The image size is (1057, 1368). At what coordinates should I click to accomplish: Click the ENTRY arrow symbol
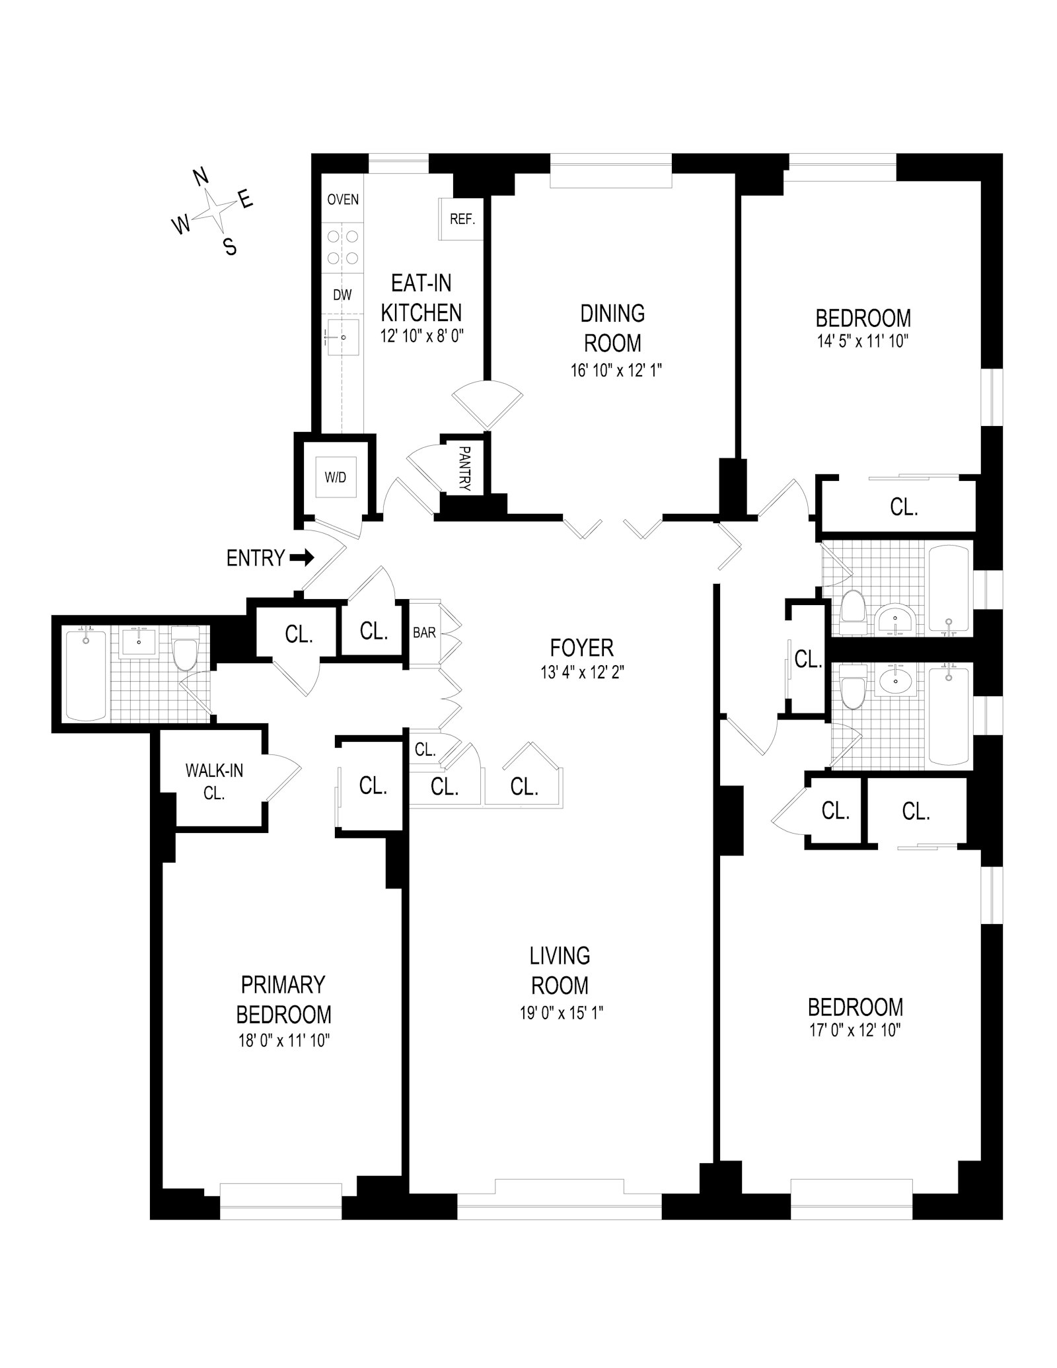click(x=302, y=558)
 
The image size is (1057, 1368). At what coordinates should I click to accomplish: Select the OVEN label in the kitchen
click(x=343, y=199)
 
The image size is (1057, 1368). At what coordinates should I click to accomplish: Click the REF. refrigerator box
click(x=462, y=219)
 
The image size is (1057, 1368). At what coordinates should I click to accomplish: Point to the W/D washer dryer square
click(x=336, y=477)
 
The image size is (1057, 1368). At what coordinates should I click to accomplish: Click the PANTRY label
click(x=464, y=468)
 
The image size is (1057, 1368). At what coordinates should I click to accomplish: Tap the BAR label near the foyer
click(x=424, y=632)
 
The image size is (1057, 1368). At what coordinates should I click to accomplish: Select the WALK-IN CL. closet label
click(x=214, y=781)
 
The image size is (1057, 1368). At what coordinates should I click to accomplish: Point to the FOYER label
click(x=581, y=647)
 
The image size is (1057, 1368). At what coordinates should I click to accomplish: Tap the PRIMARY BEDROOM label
click(x=283, y=999)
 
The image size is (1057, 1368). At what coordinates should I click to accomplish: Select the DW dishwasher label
click(x=342, y=295)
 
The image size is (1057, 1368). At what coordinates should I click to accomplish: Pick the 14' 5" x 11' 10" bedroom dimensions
click(x=862, y=342)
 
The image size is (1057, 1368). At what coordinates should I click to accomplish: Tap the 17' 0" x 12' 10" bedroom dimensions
click(x=855, y=1030)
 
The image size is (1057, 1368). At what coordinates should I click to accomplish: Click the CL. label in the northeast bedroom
click(x=904, y=507)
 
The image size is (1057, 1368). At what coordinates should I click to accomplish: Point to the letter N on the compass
click(x=201, y=177)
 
